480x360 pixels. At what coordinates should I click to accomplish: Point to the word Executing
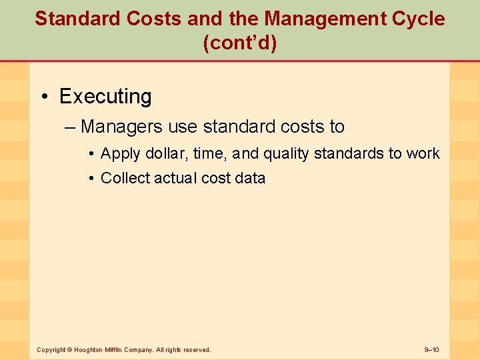(105, 97)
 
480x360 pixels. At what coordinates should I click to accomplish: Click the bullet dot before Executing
(44, 97)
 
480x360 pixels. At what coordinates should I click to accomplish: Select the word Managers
(119, 126)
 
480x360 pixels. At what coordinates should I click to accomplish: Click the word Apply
(120, 154)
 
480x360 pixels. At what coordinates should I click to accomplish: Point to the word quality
(286, 154)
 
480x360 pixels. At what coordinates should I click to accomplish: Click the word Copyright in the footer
(51, 349)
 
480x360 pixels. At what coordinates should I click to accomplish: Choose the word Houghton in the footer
(89, 349)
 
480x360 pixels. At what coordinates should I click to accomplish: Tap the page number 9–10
(431, 349)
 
